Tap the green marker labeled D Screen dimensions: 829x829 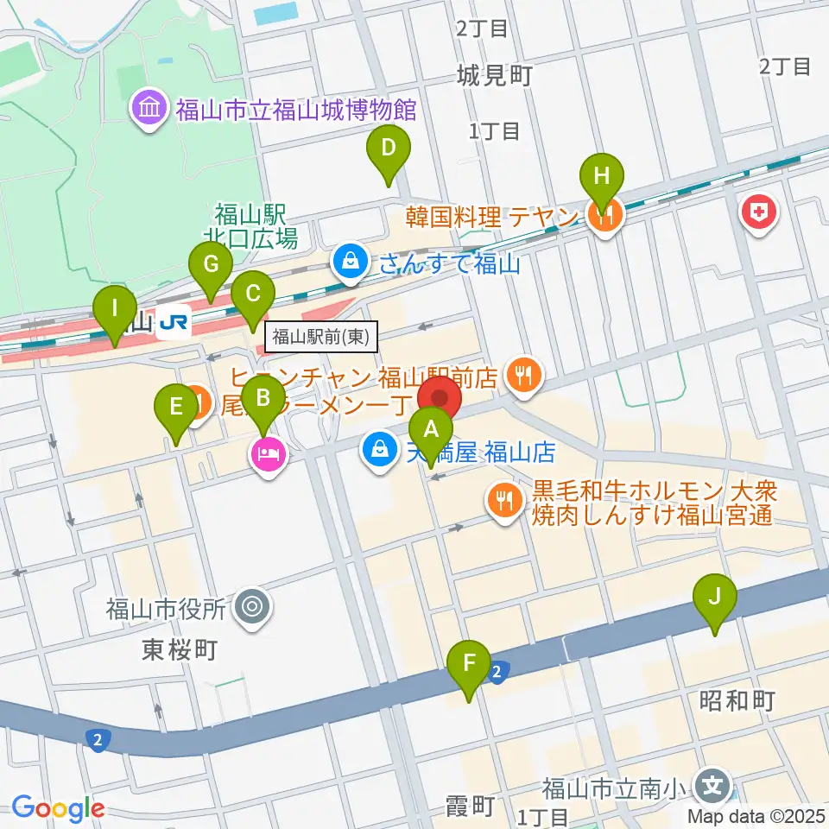(x=389, y=148)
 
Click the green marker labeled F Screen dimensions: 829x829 (x=469, y=664)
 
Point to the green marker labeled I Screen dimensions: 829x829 (x=115, y=309)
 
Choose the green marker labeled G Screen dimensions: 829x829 (x=210, y=264)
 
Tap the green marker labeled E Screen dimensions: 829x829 (x=176, y=407)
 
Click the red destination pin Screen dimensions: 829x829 (x=440, y=399)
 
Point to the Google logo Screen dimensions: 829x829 (x=58, y=808)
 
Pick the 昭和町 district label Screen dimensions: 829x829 (x=737, y=699)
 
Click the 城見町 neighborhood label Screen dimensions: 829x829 (x=496, y=76)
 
